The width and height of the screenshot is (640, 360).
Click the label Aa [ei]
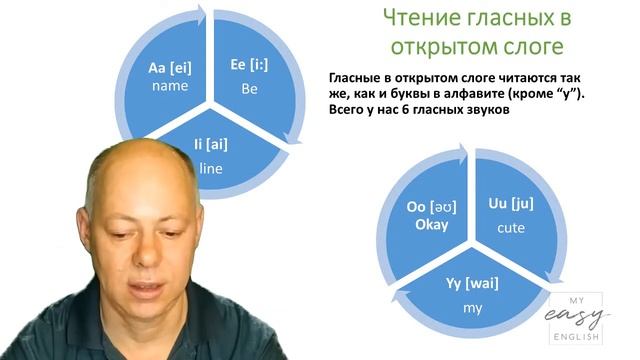click(169, 67)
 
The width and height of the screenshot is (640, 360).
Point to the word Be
click(250, 88)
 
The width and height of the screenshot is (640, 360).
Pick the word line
click(211, 168)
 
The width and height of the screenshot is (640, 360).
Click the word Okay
click(429, 224)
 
